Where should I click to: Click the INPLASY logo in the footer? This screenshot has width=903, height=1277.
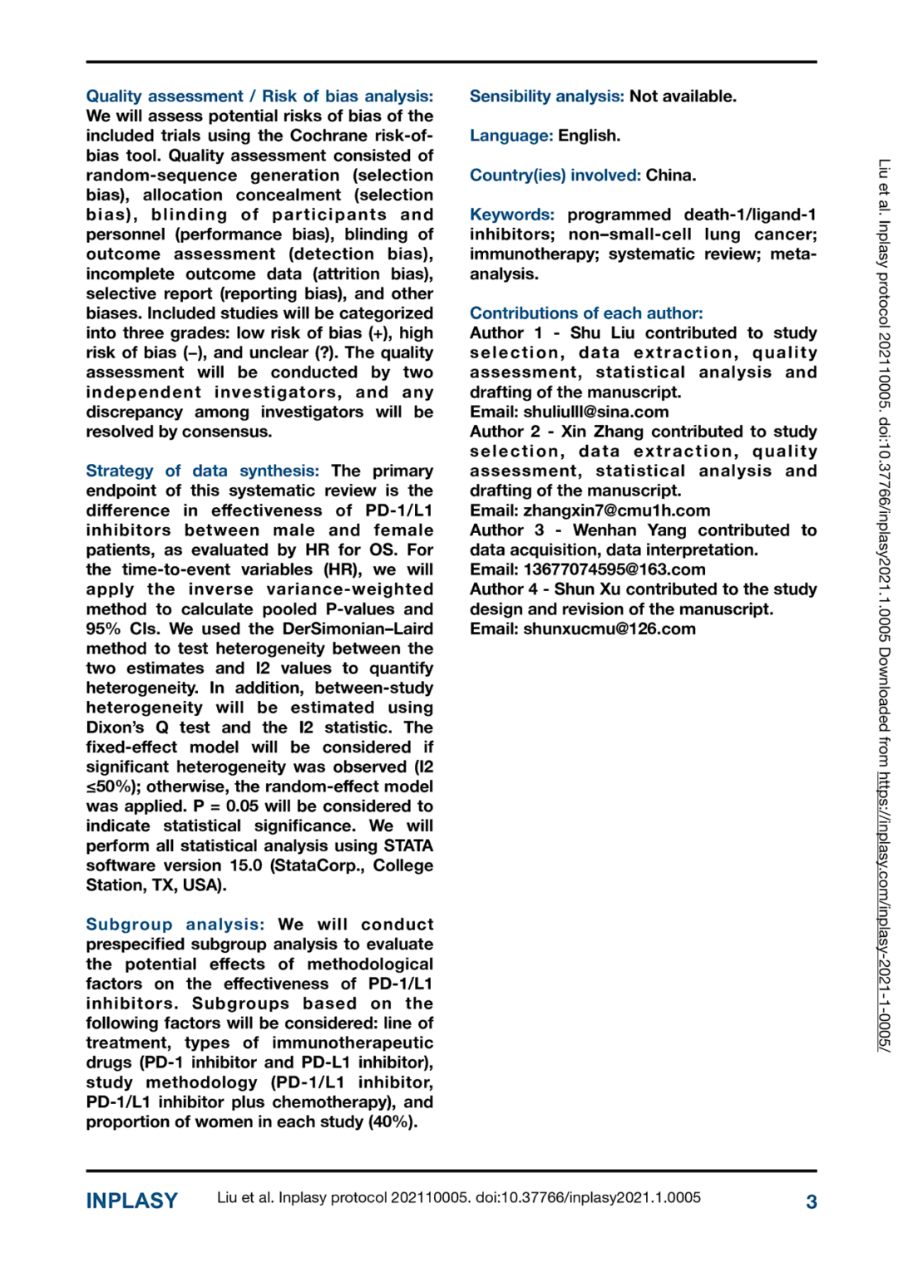coord(131,1201)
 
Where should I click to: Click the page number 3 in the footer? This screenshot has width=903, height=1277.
coord(811,1201)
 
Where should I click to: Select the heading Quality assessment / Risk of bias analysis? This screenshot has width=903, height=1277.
coord(259,96)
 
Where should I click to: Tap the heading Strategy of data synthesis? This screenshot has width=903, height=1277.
coord(202,471)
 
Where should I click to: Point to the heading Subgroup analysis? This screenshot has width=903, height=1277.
coord(175,924)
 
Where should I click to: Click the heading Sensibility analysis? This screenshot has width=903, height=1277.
coord(546,96)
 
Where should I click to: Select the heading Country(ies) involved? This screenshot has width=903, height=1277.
coord(555,175)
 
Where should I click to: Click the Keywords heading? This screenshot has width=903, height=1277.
coord(511,214)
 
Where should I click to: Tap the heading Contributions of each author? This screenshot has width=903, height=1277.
coord(586,313)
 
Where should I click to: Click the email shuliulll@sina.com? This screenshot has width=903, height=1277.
coord(595,412)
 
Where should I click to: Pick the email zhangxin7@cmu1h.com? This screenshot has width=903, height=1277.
coord(616,510)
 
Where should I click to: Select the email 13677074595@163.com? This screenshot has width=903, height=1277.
coord(614,569)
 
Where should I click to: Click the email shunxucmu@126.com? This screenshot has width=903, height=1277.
coord(609,629)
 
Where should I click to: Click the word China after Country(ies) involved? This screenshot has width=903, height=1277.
coord(671,175)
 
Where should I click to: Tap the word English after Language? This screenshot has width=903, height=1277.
coord(589,136)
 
